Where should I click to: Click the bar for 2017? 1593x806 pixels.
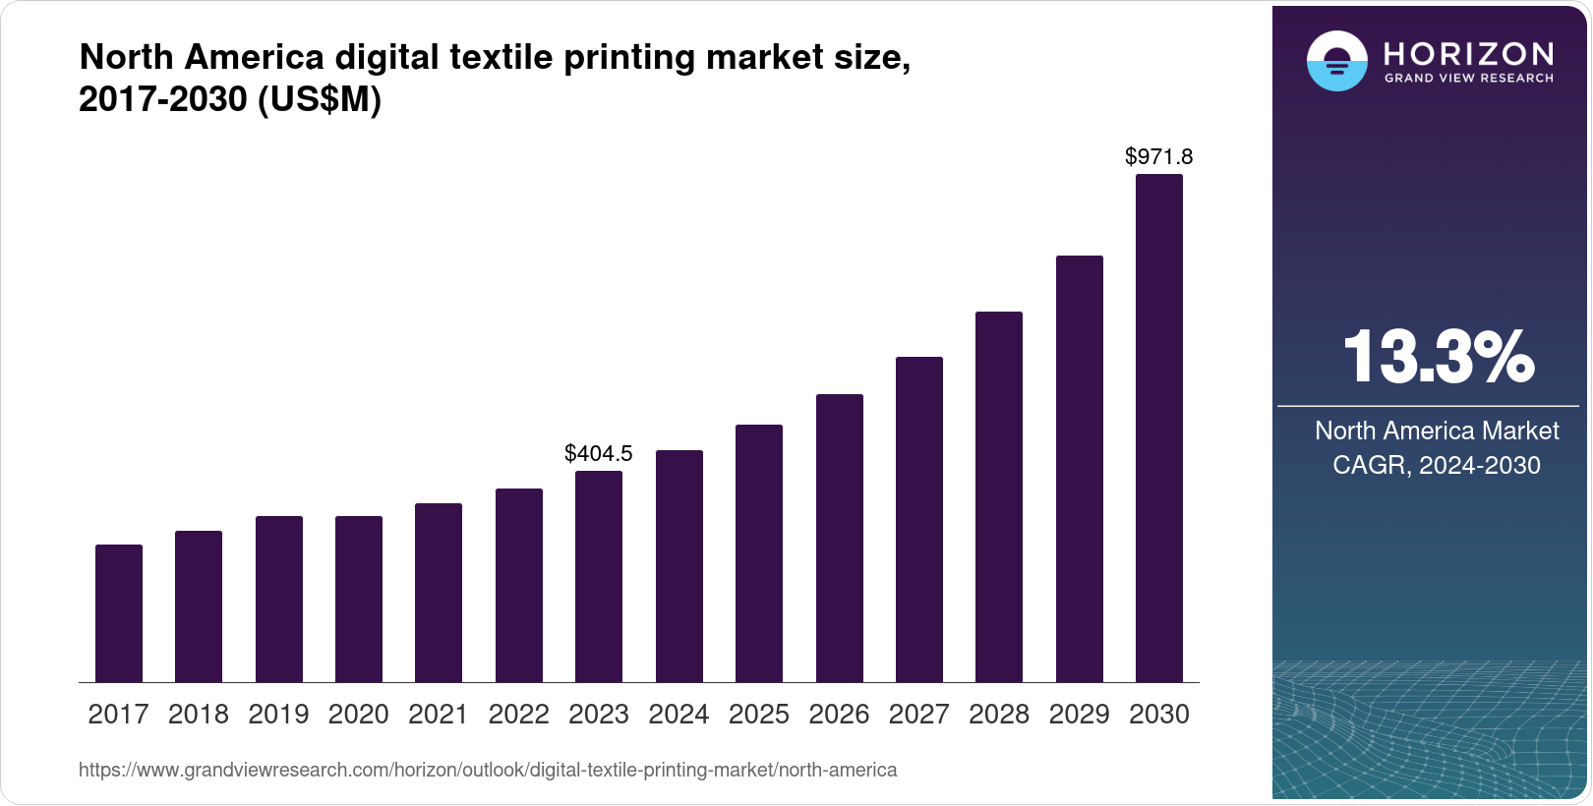[119, 613]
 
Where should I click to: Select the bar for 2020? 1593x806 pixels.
[359, 599]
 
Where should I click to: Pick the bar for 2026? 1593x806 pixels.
[840, 538]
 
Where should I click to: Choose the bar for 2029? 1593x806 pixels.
[1080, 469]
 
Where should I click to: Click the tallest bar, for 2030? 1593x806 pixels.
[1159, 429]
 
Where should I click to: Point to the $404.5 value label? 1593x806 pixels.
[598, 453]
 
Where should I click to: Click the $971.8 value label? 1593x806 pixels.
[1158, 156]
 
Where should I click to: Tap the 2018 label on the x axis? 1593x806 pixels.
[199, 715]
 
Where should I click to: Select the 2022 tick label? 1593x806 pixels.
[518, 715]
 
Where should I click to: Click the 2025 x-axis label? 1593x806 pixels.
[759, 715]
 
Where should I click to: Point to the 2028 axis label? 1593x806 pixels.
[999, 715]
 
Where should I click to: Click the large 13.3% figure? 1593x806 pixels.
[1437, 357]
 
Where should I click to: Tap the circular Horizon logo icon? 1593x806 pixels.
[1336, 61]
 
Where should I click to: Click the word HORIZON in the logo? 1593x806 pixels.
[1468, 53]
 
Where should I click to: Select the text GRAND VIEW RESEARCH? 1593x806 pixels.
[1468, 78]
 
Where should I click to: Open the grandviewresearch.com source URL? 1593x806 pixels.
[488, 770]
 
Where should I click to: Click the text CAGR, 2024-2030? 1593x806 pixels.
[1436, 465]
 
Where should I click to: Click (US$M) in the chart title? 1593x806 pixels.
[319, 99]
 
